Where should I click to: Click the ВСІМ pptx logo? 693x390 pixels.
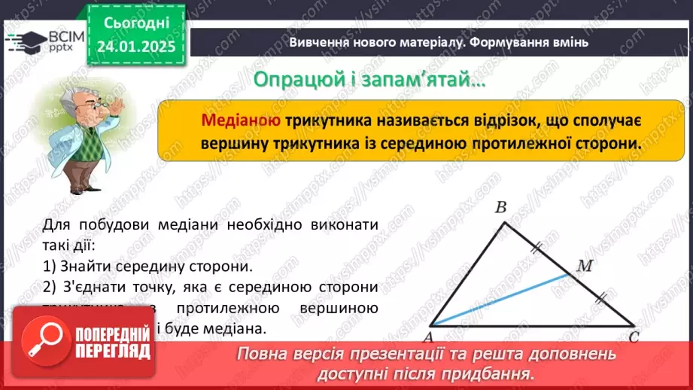click(44, 41)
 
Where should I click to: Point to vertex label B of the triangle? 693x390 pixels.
click(500, 209)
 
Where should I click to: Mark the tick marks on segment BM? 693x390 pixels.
click(537, 245)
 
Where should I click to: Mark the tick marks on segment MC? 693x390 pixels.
click(601, 300)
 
